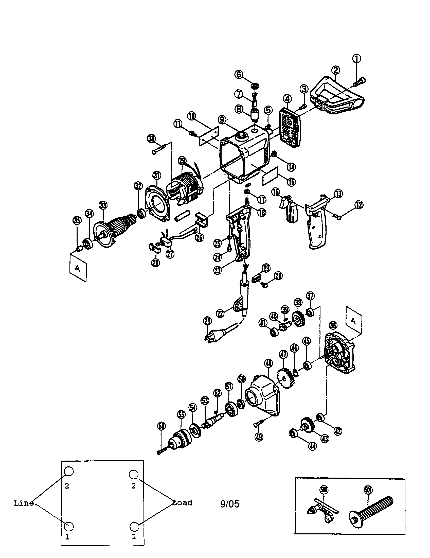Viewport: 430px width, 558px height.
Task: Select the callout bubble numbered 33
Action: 103,205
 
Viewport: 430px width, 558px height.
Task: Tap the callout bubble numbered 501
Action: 368,490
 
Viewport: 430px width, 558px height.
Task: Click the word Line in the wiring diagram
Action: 24,503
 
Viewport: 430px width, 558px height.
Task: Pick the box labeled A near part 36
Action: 354,321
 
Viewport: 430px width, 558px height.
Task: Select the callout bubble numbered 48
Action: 268,363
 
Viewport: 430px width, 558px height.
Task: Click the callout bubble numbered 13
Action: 338,194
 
